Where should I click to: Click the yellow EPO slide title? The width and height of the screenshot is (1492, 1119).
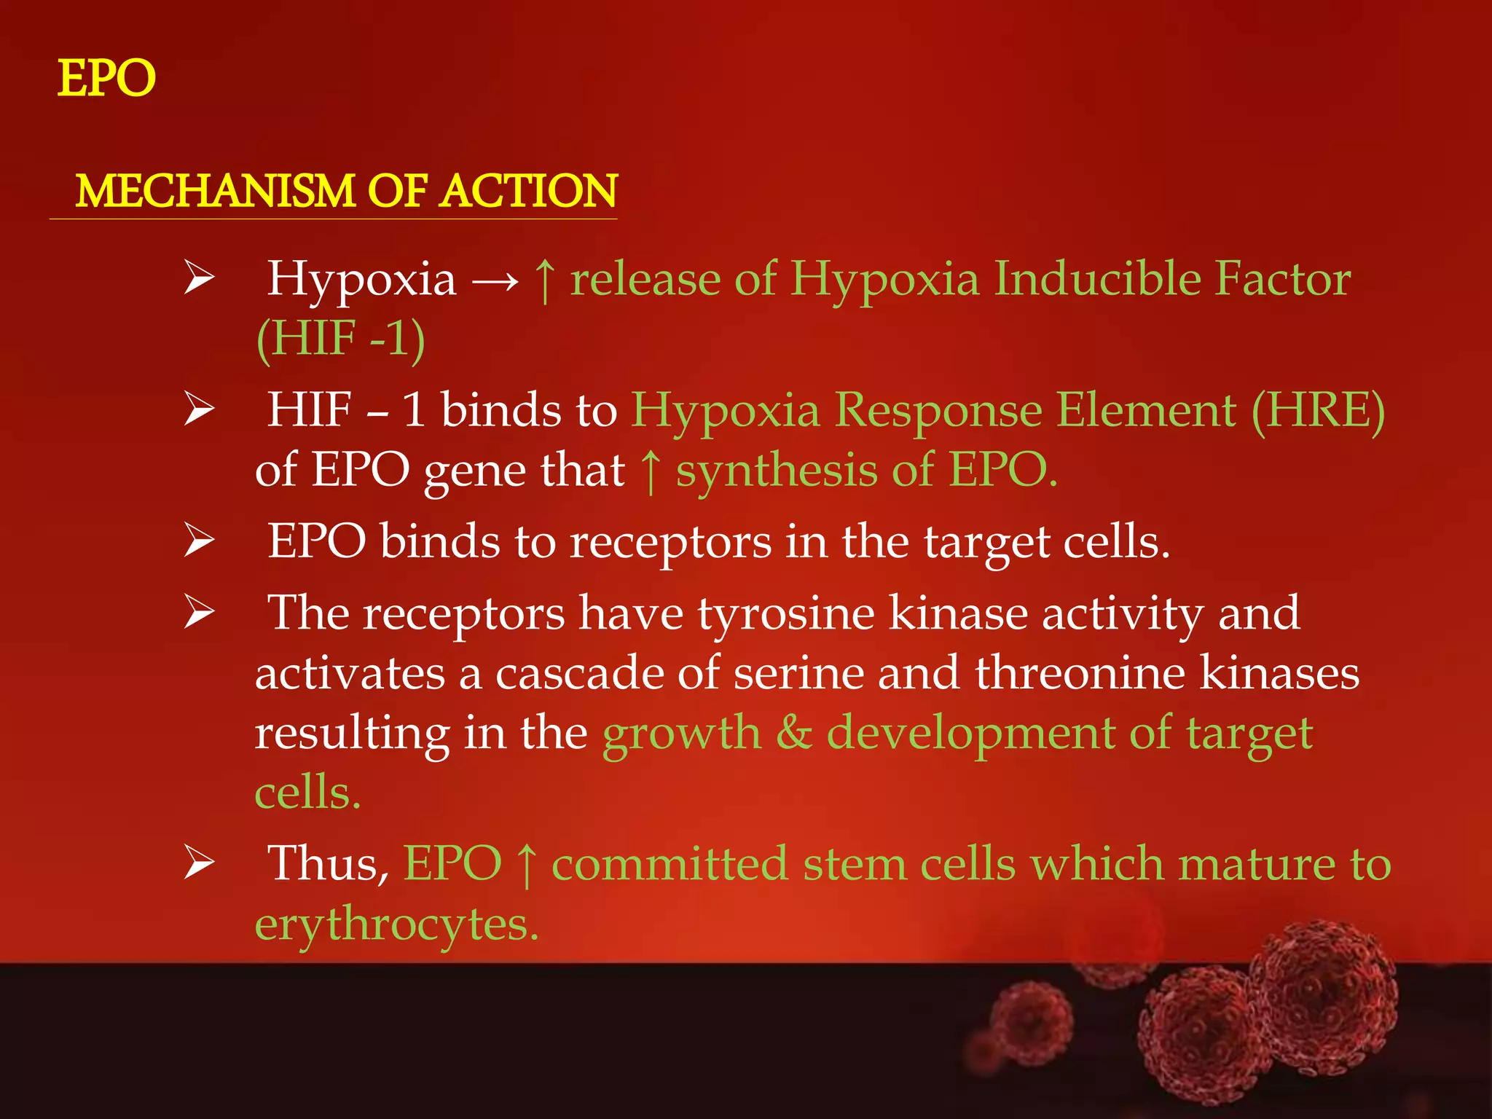106,79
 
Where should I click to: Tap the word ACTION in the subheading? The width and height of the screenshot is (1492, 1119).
529,191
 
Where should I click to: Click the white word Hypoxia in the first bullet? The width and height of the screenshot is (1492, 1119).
361,280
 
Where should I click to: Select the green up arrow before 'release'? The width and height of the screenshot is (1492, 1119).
545,280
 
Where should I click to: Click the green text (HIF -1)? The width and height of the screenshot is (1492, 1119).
340,339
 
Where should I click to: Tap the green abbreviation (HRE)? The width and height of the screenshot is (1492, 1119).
1318,410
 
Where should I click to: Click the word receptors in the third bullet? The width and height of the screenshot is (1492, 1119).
670,543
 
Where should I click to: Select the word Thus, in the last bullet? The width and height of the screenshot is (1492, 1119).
328,865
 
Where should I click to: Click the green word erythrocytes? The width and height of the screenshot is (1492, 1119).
396,925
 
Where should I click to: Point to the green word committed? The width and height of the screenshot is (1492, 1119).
670,865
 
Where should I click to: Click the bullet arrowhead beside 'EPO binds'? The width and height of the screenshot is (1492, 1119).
199,541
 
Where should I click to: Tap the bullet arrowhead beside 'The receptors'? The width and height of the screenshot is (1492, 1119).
199,612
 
